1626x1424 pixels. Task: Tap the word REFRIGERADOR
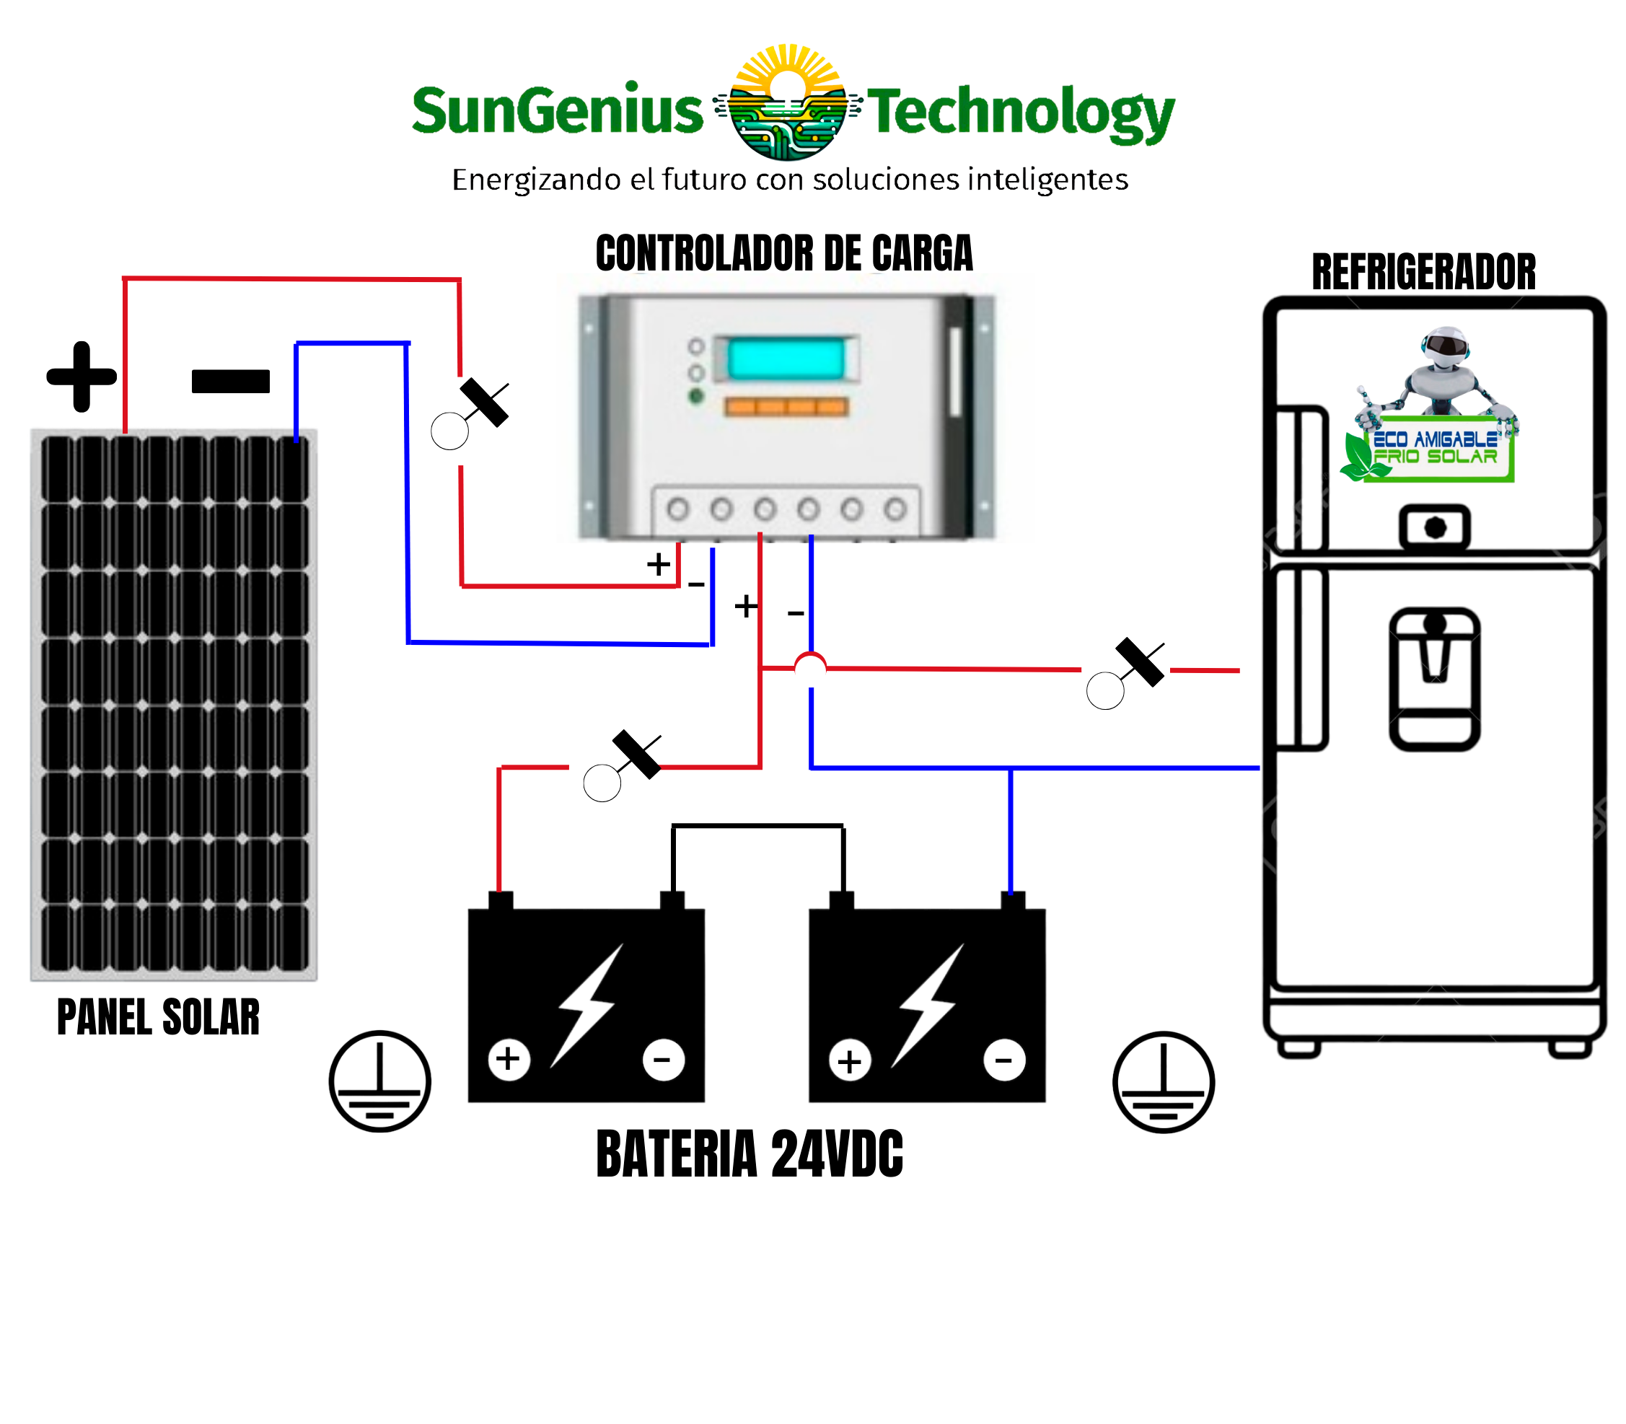pyautogui.click(x=1423, y=273)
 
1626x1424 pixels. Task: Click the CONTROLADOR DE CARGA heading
pyautogui.click(x=783, y=253)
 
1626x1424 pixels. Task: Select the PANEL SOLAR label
pyautogui.click(x=158, y=1017)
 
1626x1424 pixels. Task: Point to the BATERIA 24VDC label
pyautogui.click(x=749, y=1153)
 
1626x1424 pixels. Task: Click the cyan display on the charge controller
pyautogui.click(x=785, y=359)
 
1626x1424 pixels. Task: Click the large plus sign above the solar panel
pyautogui.click(x=82, y=377)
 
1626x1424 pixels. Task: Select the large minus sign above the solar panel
pyautogui.click(x=230, y=382)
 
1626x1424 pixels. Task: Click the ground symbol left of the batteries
pyautogui.click(x=380, y=1081)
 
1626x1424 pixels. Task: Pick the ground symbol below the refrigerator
pyautogui.click(x=1164, y=1081)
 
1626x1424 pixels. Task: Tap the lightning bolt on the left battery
pyautogui.click(x=588, y=1005)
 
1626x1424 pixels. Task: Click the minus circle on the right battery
pyautogui.click(x=1003, y=1060)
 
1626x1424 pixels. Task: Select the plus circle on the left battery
pyautogui.click(x=509, y=1059)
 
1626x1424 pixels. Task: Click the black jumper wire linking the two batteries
pyautogui.click(x=757, y=827)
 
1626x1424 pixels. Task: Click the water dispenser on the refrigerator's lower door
pyautogui.click(x=1433, y=680)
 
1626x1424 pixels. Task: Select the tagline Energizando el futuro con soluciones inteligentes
pyautogui.click(x=790, y=180)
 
